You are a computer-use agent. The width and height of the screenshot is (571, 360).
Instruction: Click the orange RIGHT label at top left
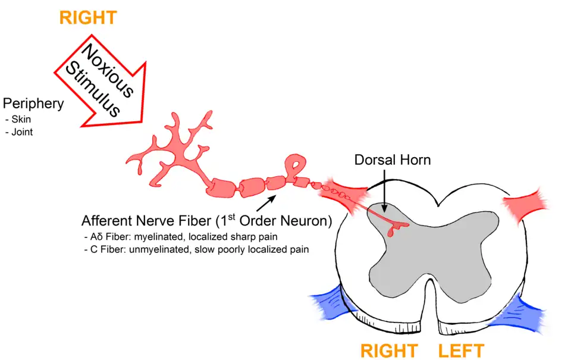[87, 17]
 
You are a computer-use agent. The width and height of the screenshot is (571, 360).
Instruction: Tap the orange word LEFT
[462, 350]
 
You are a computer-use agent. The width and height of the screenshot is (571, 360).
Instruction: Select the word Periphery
[33, 104]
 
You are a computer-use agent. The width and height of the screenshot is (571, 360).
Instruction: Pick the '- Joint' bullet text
[19, 132]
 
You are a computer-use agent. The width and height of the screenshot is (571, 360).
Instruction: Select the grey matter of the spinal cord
[428, 250]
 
